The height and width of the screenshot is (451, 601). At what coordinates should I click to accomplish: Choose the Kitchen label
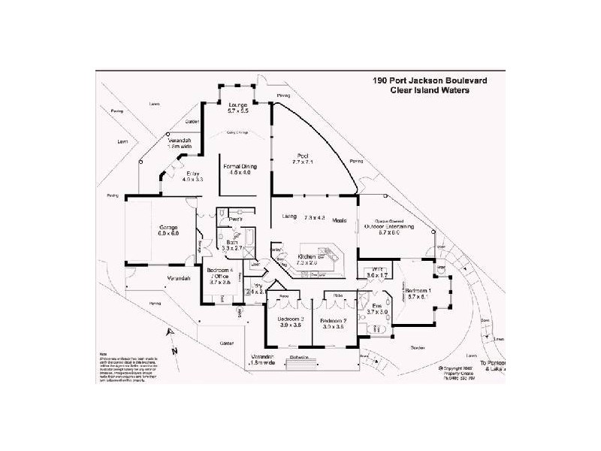tap(306, 256)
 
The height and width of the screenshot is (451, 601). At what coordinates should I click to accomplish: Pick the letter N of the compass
tap(173, 351)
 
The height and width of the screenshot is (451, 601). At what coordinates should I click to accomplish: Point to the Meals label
tap(339, 219)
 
